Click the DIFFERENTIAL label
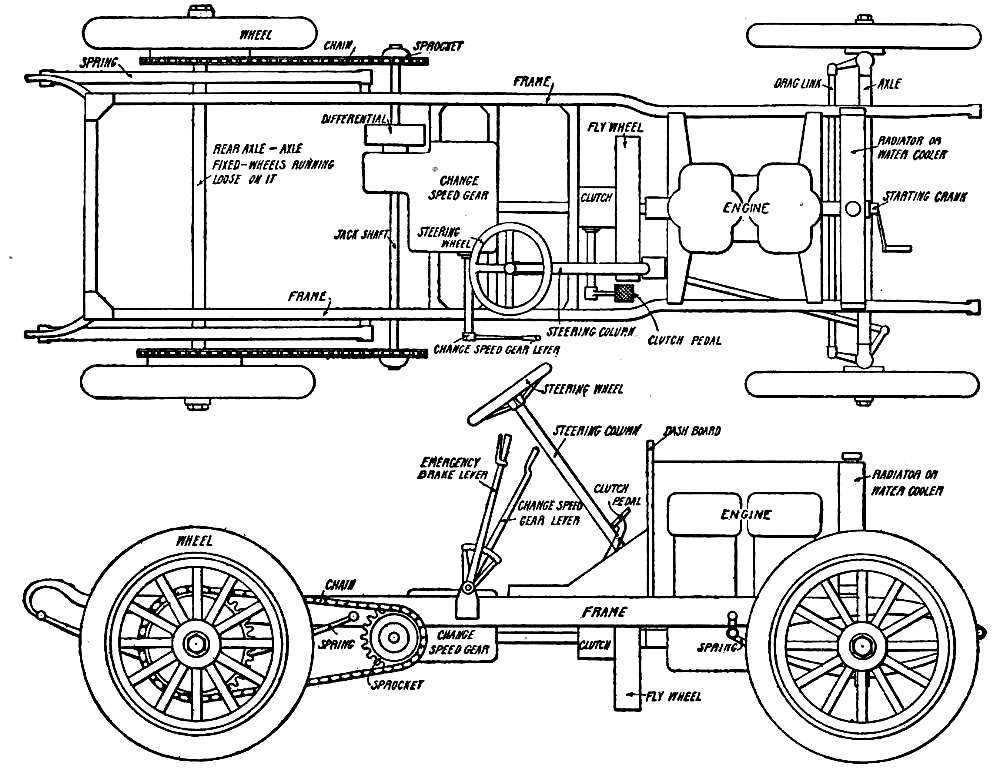pos(356,118)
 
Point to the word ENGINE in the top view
pos(746,208)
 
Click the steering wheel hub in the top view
pos(510,267)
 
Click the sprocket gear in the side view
pos(394,636)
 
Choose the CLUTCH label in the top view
pos(596,198)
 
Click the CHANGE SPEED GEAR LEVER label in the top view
pos(497,350)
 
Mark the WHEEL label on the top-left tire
pos(257,34)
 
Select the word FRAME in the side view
pos(604,611)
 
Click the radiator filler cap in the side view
pos(852,456)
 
